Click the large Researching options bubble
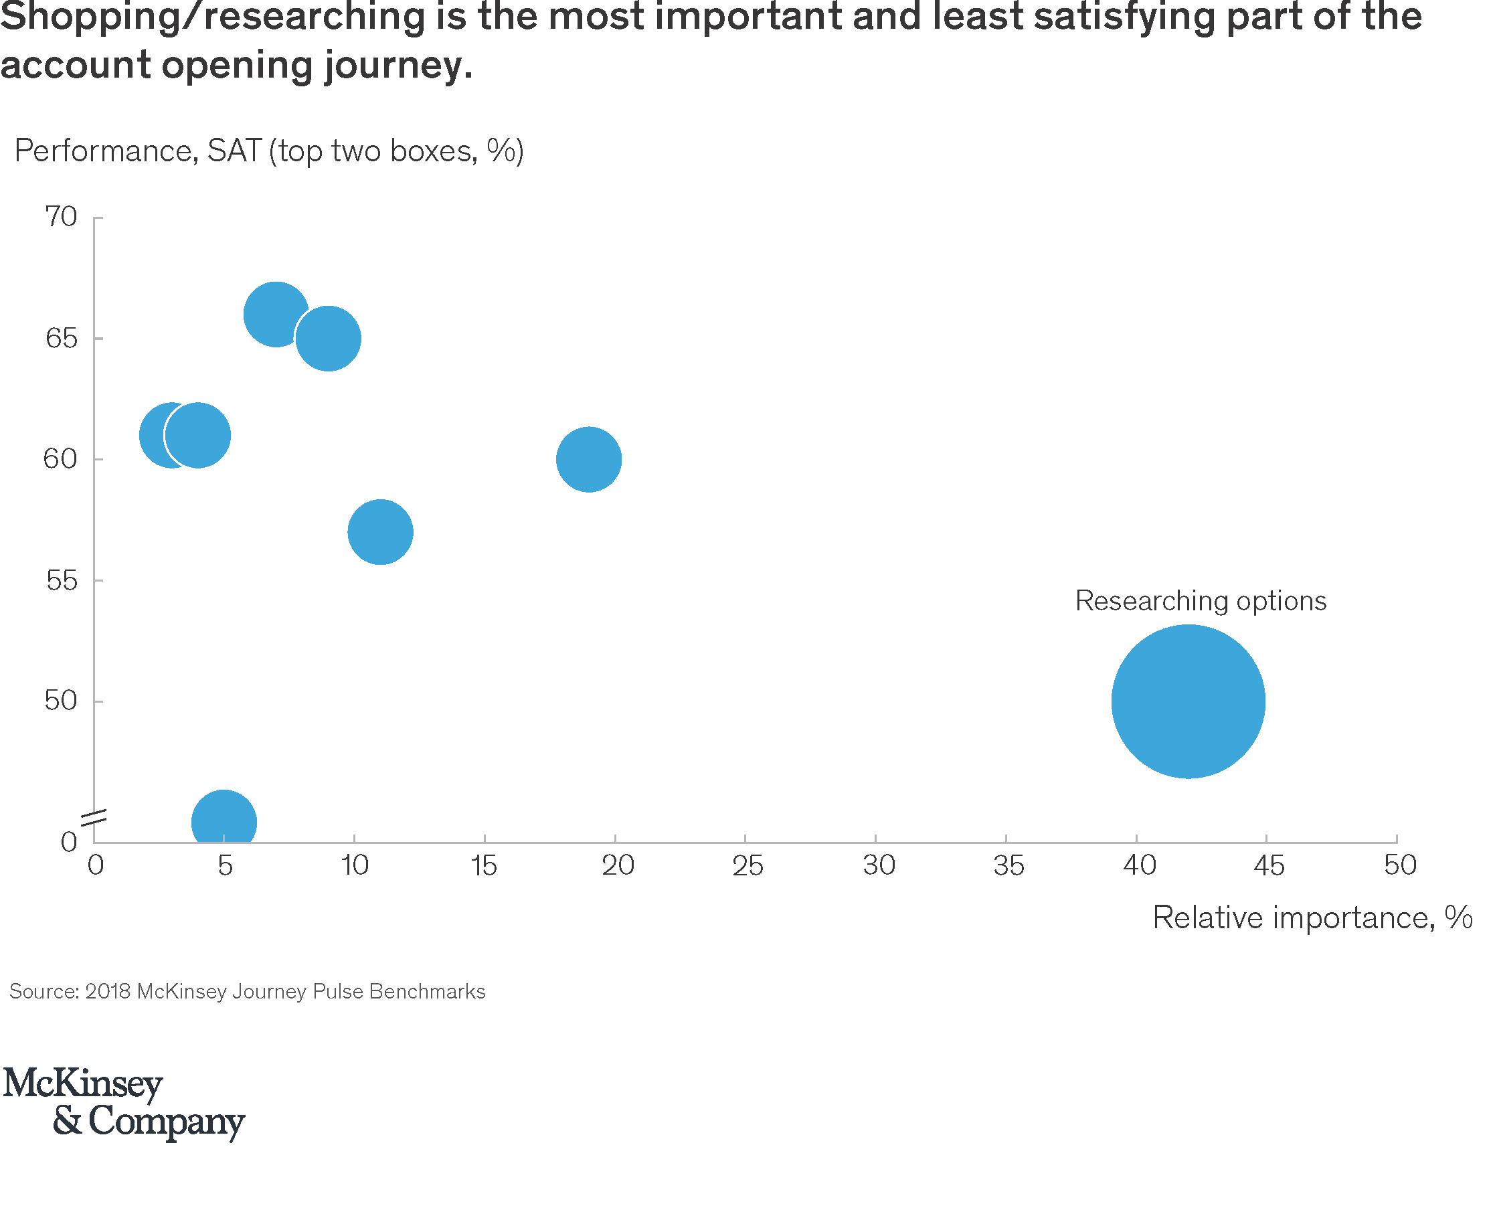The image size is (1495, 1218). click(x=1187, y=701)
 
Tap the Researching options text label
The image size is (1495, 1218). click(x=1200, y=600)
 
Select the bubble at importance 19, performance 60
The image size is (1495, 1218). click(x=589, y=459)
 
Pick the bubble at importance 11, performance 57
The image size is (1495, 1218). click(x=379, y=532)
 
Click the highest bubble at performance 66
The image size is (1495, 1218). click(x=276, y=314)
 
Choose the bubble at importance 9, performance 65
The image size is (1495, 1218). click(x=328, y=338)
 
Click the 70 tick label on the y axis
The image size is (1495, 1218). click(x=61, y=217)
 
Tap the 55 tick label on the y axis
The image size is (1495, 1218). click(x=61, y=580)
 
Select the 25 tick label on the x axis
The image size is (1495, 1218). click(x=747, y=866)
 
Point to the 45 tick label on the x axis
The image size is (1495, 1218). click(x=1268, y=866)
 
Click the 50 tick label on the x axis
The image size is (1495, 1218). click(x=1399, y=865)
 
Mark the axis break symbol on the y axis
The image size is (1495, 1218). click(x=93, y=817)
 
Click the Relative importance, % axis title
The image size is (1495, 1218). click(x=1312, y=918)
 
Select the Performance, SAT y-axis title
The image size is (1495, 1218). click(x=269, y=151)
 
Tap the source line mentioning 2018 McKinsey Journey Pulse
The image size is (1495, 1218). click(x=247, y=991)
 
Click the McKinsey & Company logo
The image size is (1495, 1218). click(x=124, y=1102)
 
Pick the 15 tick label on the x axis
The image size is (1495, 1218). click(x=483, y=866)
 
